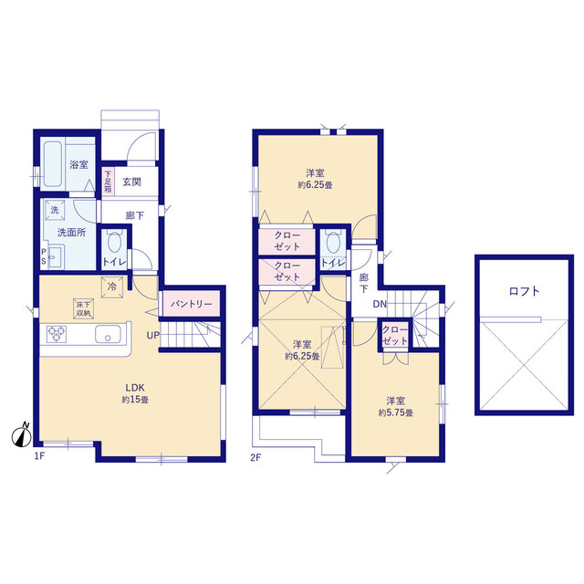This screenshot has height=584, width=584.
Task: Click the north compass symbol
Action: click(22, 435)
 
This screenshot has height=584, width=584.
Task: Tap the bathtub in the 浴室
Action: click(53, 163)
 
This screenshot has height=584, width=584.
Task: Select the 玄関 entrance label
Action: click(131, 182)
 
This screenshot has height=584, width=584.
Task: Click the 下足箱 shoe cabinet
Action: click(108, 181)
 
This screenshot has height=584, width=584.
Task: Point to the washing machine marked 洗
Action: click(55, 210)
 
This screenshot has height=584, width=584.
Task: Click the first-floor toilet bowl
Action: click(114, 242)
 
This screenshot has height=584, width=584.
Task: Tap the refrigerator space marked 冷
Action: click(111, 287)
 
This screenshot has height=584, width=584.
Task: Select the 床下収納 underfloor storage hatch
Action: click(83, 308)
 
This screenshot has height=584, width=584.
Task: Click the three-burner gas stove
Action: click(57, 334)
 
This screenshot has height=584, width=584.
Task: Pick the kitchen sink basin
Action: click(108, 334)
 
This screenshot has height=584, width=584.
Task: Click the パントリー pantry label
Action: click(191, 304)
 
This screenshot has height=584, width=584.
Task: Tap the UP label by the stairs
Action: click(152, 335)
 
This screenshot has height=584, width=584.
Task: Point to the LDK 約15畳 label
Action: click(135, 393)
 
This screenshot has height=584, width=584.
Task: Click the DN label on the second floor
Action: click(380, 304)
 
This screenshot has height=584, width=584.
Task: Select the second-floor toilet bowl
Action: click(333, 241)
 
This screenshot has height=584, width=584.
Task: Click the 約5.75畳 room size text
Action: click(395, 412)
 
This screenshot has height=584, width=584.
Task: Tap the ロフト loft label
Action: click(524, 291)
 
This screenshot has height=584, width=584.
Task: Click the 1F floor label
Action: click(39, 456)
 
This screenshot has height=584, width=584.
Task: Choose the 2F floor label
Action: click(255, 458)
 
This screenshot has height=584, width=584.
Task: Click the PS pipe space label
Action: click(44, 256)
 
